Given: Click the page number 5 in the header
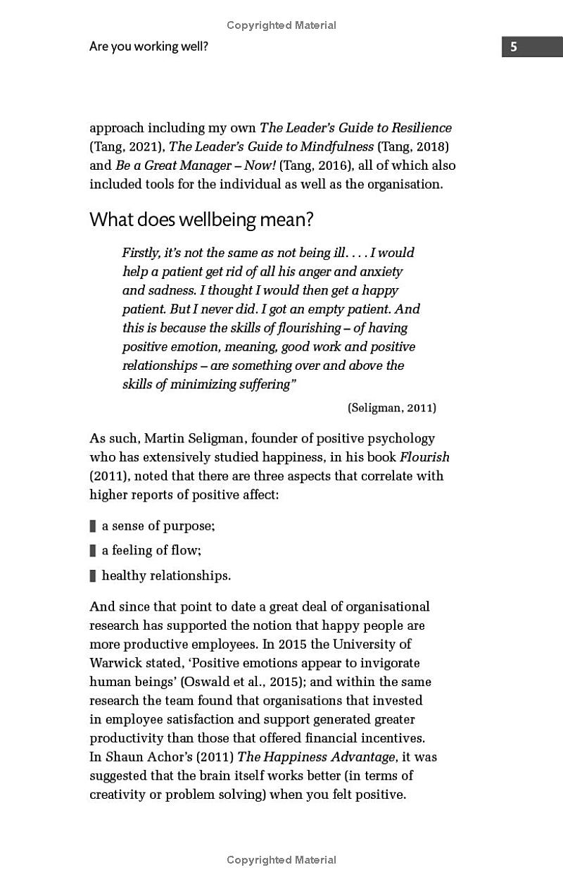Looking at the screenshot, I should pyautogui.click(x=514, y=47).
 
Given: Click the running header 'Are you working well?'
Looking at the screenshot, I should pyautogui.click(x=148, y=47).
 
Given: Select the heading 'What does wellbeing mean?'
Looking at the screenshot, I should pyautogui.click(x=201, y=219).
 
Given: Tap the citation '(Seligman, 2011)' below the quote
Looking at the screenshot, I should pyautogui.click(x=391, y=408).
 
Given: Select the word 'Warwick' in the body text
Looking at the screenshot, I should pyautogui.click(x=114, y=663).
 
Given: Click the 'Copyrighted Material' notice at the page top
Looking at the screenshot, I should pyautogui.click(x=281, y=25).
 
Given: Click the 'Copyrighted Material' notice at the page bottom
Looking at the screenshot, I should pyautogui.click(x=281, y=860).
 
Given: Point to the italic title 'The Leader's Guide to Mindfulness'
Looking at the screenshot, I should pyautogui.click(x=272, y=147).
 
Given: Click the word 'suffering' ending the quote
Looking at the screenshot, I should pyautogui.click(x=262, y=385).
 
